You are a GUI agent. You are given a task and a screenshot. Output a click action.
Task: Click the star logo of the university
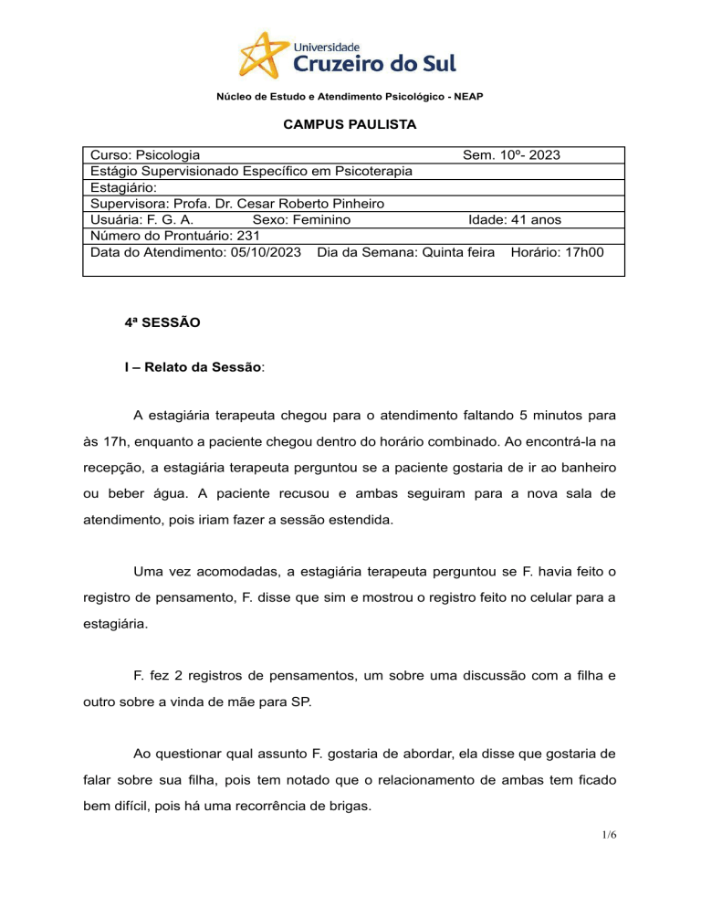point(266,54)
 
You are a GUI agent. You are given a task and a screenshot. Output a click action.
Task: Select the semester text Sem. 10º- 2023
point(511,155)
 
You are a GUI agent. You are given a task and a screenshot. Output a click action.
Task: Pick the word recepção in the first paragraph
point(114,468)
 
